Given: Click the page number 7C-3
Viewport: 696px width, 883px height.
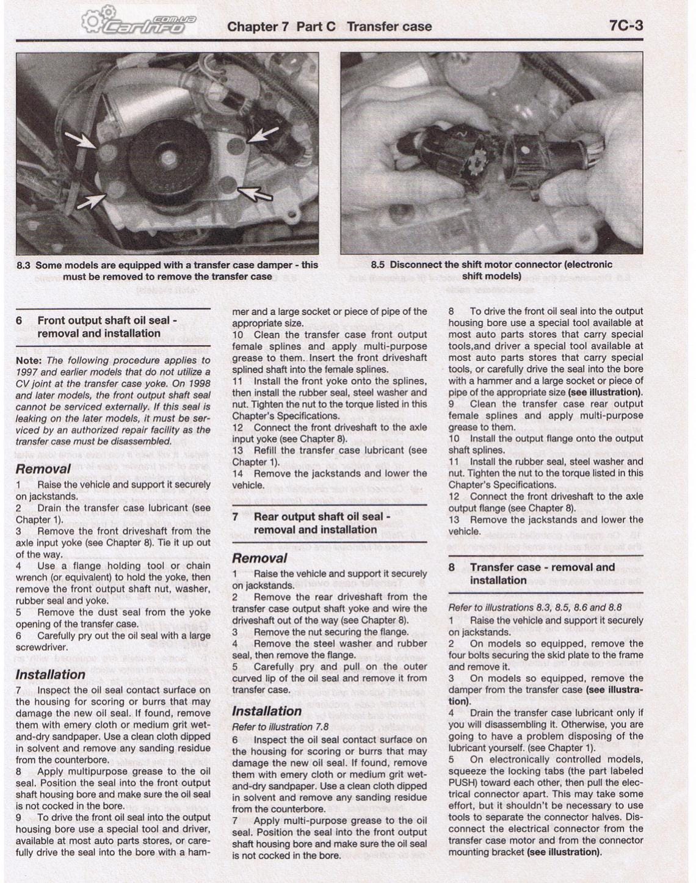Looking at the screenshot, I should click(x=625, y=26).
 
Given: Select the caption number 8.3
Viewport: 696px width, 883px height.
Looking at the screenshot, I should click(x=23, y=265).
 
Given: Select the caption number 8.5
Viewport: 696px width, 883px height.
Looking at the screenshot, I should click(x=377, y=264).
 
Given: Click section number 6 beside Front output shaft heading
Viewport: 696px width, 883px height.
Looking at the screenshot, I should click(x=19, y=321).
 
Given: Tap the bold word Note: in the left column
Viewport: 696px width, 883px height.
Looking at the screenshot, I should click(x=29, y=360).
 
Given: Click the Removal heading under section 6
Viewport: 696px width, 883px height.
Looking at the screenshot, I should click(x=43, y=469).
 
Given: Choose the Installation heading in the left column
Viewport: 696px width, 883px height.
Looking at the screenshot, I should click(x=50, y=674).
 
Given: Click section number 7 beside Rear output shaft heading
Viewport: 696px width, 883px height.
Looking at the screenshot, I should click(x=235, y=517).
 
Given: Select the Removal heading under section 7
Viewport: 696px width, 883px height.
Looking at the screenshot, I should click(x=259, y=558).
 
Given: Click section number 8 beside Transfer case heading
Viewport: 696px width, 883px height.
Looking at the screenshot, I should click(x=452, y=567).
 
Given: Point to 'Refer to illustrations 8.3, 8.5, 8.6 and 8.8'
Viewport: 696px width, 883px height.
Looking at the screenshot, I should click(x=535, y=608).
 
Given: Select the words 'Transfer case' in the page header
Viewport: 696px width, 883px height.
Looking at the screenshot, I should click(x=389, y=27).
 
